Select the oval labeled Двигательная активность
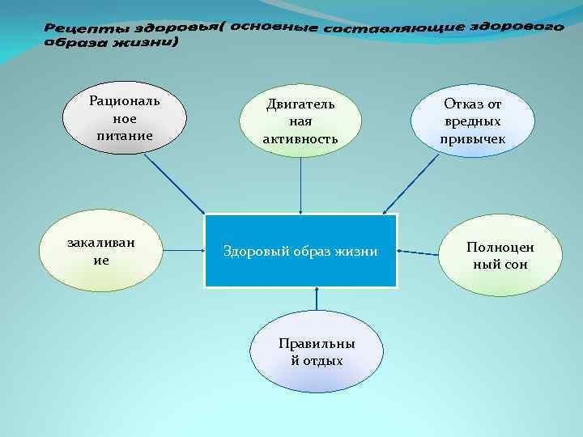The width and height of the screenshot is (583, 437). (300, 121)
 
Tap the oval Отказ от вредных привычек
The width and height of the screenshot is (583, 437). (473, 121)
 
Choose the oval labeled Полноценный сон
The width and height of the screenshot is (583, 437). (500, 255)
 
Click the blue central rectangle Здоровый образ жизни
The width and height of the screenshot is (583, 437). (300, 251)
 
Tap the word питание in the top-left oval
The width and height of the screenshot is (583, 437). (125, 135)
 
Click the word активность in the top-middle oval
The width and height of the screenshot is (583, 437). (300, 139)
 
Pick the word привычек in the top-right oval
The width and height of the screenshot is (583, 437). (473, 138)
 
